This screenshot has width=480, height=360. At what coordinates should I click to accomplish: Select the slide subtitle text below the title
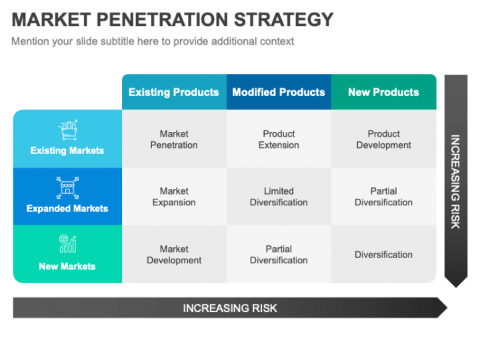[153, 41]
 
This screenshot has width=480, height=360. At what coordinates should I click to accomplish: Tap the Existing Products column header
[173, 92]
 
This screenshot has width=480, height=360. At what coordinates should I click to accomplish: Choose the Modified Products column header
[279, 92]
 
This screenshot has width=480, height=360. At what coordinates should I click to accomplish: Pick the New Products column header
[383, 92]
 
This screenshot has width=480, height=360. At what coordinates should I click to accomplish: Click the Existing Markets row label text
[67, 151]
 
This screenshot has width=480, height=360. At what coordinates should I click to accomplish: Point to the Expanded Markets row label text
[67, 209]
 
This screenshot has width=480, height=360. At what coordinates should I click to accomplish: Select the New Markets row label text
[67, 266]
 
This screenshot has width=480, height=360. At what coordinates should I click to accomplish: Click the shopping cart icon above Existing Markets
[67, 131]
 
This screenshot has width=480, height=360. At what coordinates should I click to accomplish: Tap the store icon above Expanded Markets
[67, 188]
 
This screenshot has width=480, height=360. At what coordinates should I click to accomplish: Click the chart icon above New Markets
[67, 244]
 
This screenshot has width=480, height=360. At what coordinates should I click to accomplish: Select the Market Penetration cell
[174, 139]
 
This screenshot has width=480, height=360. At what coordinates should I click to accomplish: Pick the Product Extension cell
[279, 139]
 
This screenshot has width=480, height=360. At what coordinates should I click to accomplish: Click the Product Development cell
[383, 139]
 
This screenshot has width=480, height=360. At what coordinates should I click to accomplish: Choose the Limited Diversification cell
[279, 197]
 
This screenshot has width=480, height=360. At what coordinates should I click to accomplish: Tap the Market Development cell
[174, 255]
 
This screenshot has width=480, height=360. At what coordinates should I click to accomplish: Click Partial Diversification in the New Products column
[383, 197]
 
